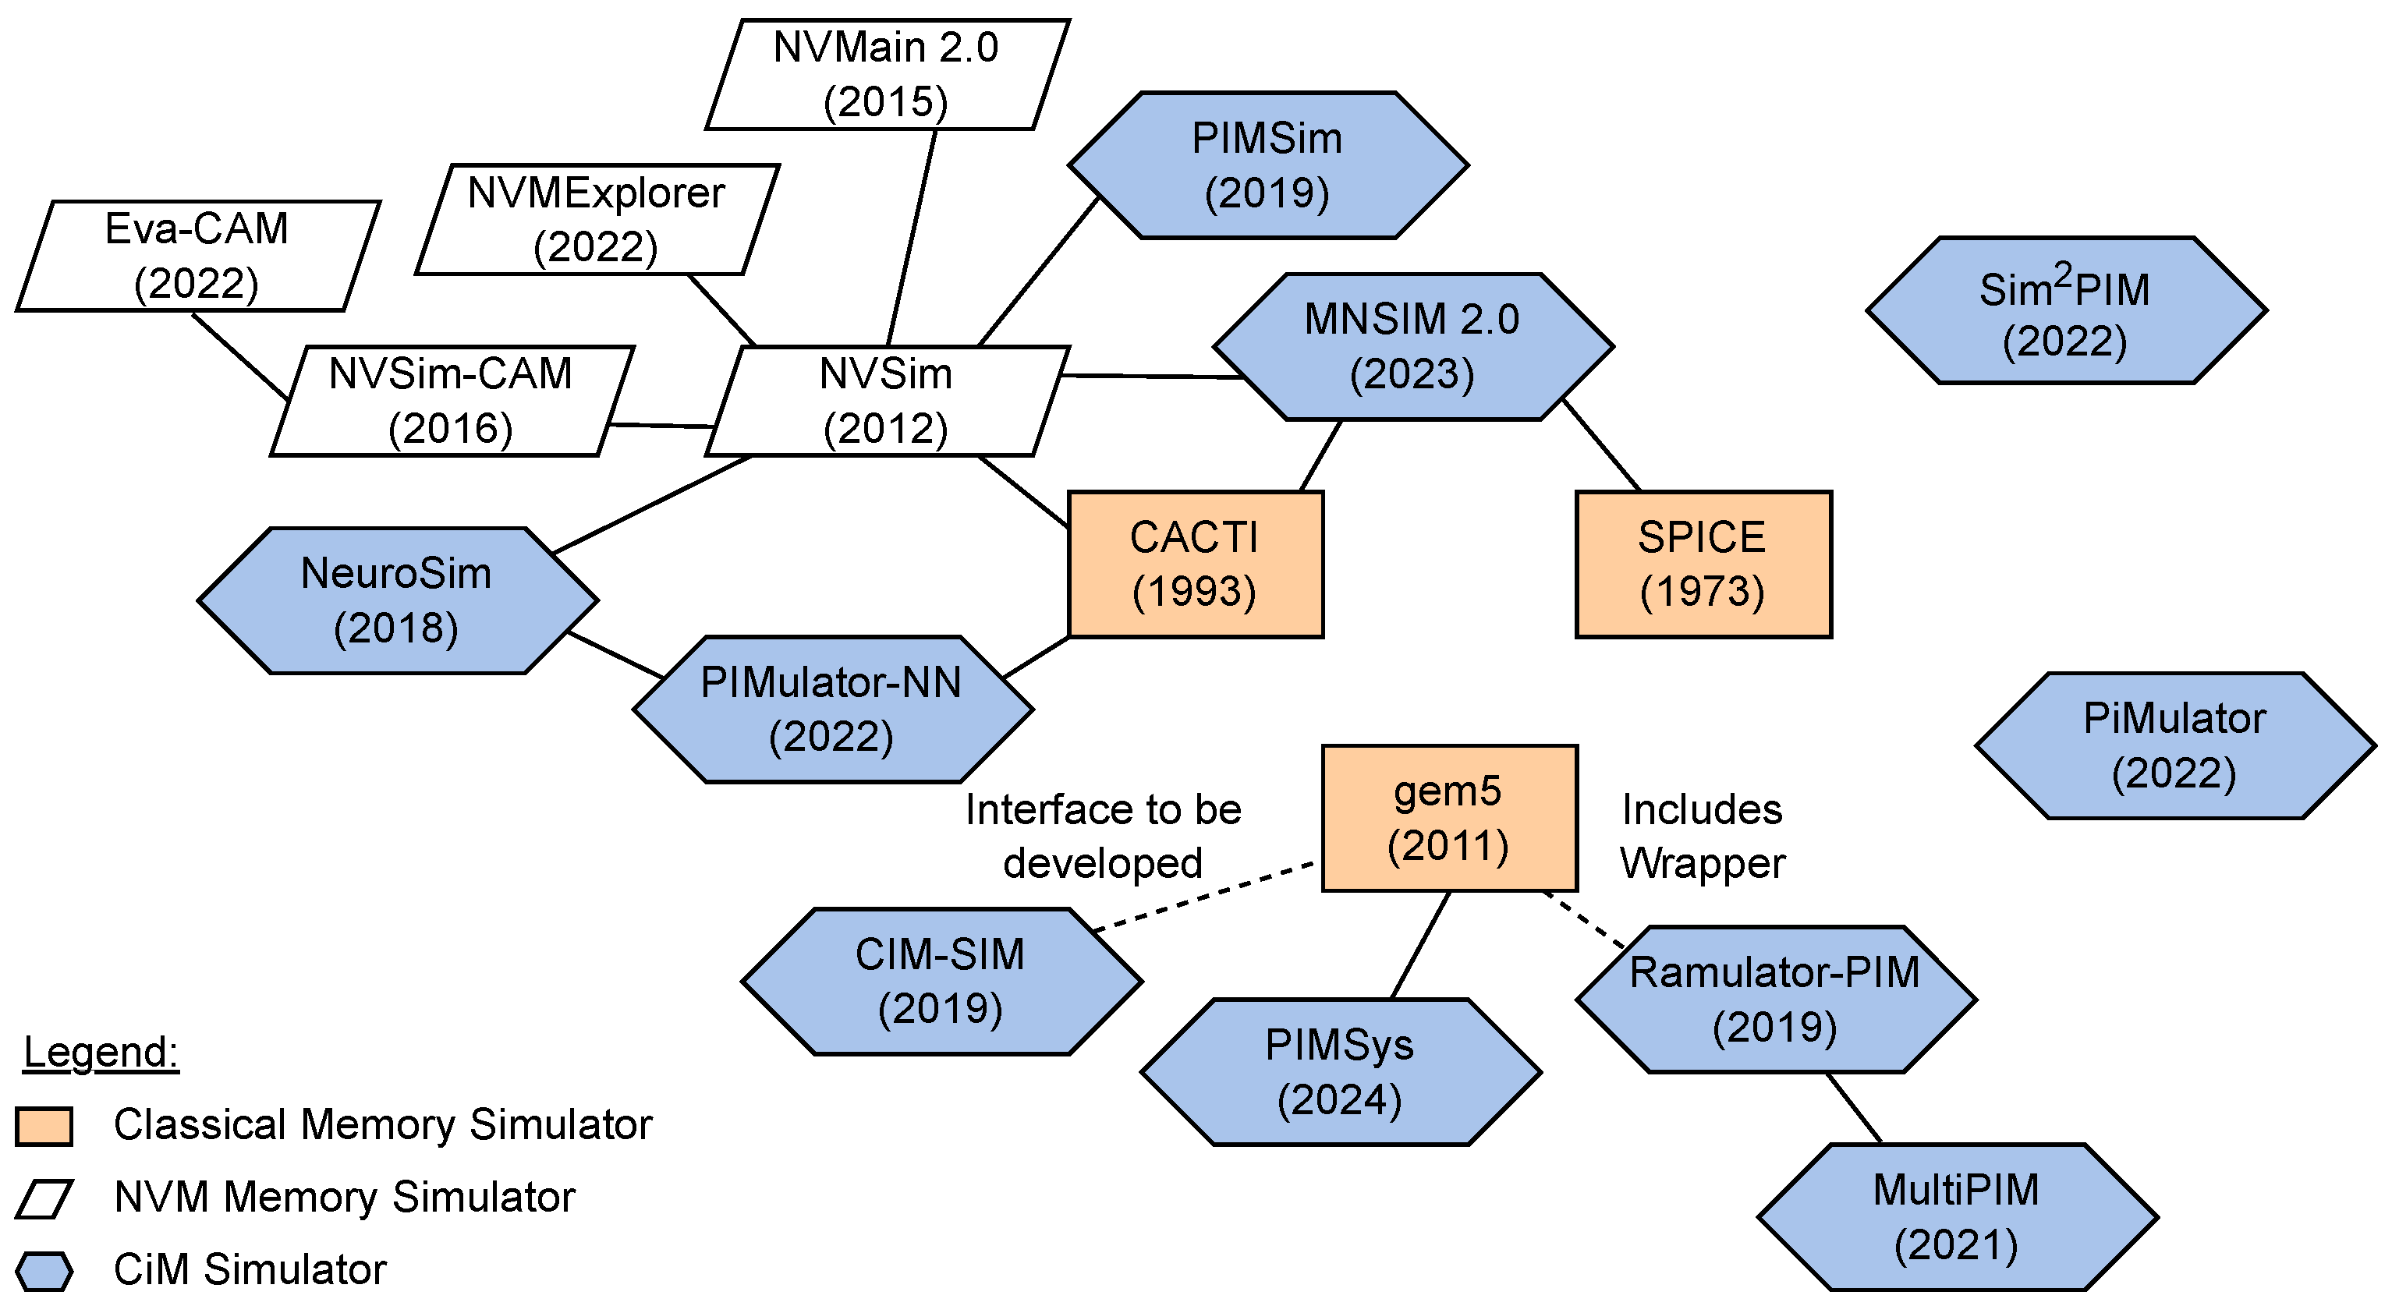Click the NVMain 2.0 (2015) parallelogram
[x=887, y=74]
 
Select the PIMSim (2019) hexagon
[x=1267, y=165]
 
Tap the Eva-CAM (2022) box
[x=197, y=256]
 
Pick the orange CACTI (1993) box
[x=1195, y=564]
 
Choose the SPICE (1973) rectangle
[x=1703, y=564]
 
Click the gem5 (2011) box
[x=1448, y=817]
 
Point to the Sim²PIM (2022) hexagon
[x=2065, y=311]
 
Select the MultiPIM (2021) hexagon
[x=1957, y=1216]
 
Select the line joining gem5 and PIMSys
[x=1421, y=944]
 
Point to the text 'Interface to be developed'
[x=1102, y=836]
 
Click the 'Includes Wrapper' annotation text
[x=1701, y=836]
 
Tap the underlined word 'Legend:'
[x=101, y=1052]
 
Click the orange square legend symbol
[x=44, y=1125]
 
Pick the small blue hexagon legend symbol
[x=44, y=1271]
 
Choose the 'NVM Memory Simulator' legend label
[x=344, y=1197]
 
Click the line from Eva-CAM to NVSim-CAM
[x=239, y=356]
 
